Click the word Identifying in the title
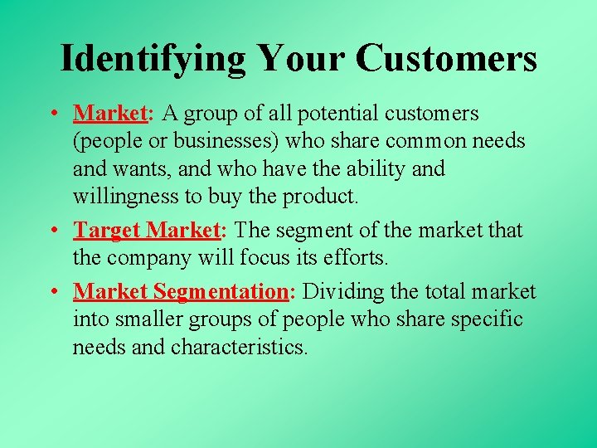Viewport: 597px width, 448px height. [x=153, y=58]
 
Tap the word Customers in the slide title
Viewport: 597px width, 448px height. [x=447, y=58]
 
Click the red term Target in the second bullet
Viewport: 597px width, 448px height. [x=108, y=230]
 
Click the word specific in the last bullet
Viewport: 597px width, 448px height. [x=488, y=319]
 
